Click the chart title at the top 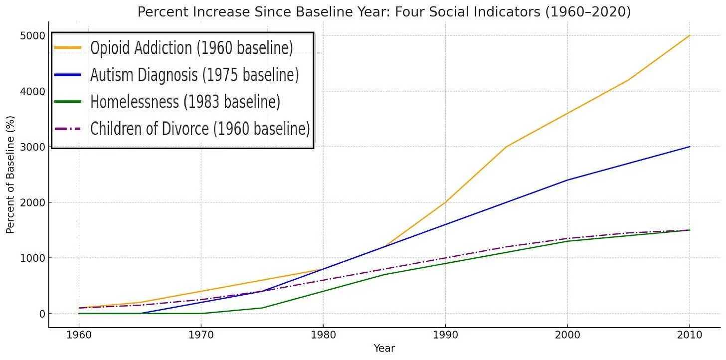[x=384, y=11]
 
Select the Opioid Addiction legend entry [x=191, y=48]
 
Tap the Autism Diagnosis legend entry [x=194, y=75]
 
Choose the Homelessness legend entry [x=184, y=102]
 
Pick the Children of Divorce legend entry [x=199, y=129]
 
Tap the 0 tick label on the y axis [x=42, y=314]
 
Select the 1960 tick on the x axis [x=79, y=334]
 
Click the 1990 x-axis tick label [x=445, y=334]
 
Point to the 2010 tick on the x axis [x=690, y=334]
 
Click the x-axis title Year [x=384, y=349]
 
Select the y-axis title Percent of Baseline [x=10, y=175]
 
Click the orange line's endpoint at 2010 [x=690, y=35]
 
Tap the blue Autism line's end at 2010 [x=690, y=147]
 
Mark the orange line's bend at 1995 [x=506, y=147]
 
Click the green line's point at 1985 [x=384, y=275]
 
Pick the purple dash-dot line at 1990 [x=445, y=258]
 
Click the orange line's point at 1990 [x=445, y=202]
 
